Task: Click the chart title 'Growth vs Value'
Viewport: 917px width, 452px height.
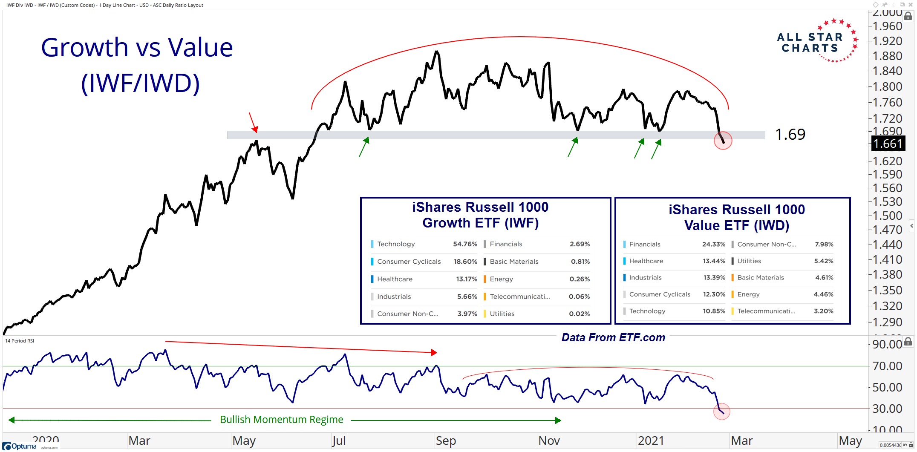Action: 137,47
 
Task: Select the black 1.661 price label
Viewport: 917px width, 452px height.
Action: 888,144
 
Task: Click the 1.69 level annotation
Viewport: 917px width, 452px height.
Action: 790,135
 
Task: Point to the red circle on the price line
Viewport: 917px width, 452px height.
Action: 723,141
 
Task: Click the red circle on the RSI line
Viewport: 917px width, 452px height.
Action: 721,412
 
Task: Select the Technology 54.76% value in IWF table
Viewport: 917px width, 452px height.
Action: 464,244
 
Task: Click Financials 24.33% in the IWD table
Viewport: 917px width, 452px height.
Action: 713,244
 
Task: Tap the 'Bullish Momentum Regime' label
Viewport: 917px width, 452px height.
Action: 281,420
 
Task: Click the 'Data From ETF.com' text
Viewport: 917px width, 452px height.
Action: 613,337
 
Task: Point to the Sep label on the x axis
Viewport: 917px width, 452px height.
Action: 445,440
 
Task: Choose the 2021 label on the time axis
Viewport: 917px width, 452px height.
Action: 650,440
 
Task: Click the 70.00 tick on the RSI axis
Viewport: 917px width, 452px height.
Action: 887,366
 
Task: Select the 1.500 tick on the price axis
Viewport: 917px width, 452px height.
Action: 887,216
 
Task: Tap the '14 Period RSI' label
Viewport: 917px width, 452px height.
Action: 20,341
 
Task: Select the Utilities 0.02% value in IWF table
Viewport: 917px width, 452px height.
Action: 579,314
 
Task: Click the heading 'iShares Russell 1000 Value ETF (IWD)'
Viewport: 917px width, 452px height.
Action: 736,217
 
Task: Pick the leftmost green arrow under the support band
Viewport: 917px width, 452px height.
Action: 363,147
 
